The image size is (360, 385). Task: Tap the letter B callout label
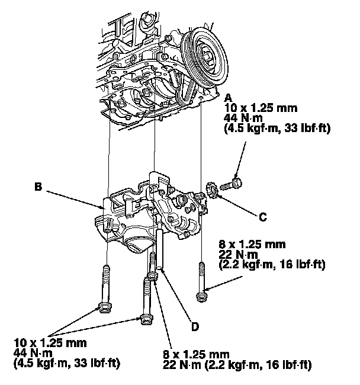click(37, 188)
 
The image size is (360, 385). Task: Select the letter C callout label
click(262, 217)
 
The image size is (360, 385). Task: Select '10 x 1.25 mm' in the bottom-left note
click(50, 342)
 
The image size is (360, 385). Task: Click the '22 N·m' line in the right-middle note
click(234, 254)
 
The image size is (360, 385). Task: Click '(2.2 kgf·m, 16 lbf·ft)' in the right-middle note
click(271, 264)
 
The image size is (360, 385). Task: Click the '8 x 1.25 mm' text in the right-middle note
click(252, 243)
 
